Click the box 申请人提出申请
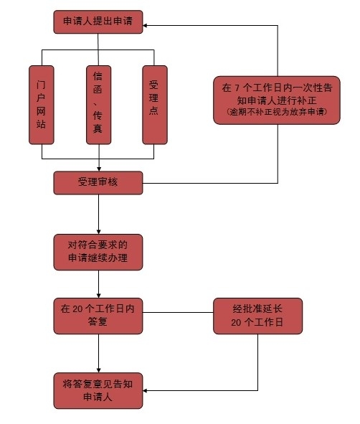[98, 22]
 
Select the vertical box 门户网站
[42, 105]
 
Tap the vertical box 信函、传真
[99, 105]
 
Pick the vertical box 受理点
[155, 105]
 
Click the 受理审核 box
[98, 183]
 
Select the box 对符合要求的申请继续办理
[98, 253]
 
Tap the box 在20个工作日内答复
[98, 316]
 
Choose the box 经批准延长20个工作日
[258, 316]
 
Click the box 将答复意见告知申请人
[98, 391]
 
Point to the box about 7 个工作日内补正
[277, 100]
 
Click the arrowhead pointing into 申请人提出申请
[145, 25]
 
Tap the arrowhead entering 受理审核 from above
[99, 169]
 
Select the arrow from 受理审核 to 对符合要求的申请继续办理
[99, 215]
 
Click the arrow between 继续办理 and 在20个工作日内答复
[99, 284]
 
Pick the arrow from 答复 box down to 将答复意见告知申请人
[99, 354]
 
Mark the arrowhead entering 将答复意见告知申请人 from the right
[145, 390]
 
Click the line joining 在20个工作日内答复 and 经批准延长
[178, 312]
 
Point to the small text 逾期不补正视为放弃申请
[277, 112]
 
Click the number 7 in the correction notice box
[237, 88]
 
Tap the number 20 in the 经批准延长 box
[236, 322]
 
